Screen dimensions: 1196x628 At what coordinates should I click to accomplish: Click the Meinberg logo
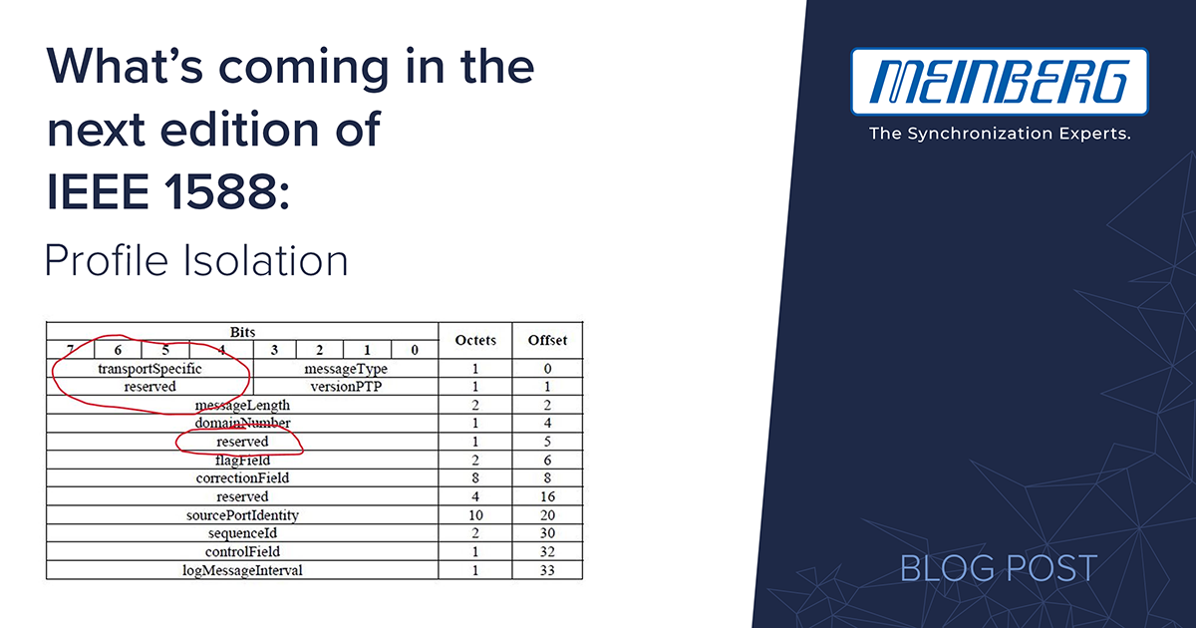(x=999, y=82)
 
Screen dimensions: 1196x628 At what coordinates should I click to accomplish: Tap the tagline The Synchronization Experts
(x=1000, y=133)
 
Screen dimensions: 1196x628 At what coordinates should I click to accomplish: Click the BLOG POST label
(x=999, y=567)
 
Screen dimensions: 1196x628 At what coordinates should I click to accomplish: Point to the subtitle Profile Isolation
(x=196, y=260)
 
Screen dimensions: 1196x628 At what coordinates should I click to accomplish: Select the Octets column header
(x=475, y=340)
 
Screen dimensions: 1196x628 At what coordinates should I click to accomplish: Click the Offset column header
(x=547, y=340)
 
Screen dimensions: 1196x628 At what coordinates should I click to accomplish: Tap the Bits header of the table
(x=242, y=332)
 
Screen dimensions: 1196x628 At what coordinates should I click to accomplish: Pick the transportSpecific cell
(x=149, y=369)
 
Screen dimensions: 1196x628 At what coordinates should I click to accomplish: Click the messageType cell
(x=346, y=369)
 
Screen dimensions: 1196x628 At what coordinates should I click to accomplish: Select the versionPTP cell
(x=346, y=386)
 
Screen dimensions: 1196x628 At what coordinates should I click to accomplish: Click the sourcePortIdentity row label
(x=242, y=514)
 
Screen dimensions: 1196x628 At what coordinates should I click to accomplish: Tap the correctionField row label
(x=242, y=477)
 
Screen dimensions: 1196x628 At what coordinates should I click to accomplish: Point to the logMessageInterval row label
(x=242, y=570)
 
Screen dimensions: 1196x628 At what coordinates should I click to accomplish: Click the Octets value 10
(x=475, y=514)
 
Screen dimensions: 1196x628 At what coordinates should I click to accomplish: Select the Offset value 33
(x=547, y=570)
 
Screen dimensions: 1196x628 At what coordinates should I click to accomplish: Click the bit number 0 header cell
(x=415, y=350)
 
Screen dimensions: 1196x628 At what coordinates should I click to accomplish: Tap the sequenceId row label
(x=242, y=533)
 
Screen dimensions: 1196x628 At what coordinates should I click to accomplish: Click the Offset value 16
(x=547, y=496)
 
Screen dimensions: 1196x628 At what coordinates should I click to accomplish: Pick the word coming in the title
(x=303, y=69)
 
